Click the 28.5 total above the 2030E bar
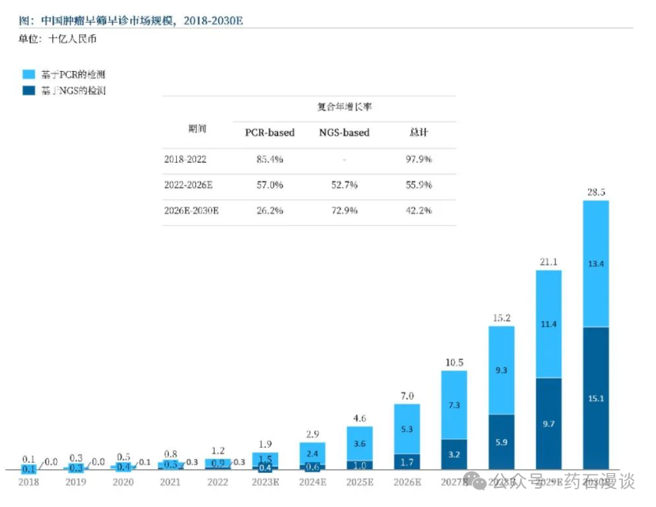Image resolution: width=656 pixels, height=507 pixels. click(596, 192)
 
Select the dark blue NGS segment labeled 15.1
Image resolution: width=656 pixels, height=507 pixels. click(596, 397)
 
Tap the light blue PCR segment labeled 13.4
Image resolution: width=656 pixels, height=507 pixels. click(596, 263)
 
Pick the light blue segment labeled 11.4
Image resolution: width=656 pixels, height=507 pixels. click(549, 324)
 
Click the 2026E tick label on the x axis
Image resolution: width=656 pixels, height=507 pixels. click(407, 481)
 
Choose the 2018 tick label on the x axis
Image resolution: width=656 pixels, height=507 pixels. click(28, 481)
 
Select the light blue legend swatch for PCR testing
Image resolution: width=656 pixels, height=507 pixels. click(29, 74)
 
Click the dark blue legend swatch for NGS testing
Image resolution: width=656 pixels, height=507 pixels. click(29, 90)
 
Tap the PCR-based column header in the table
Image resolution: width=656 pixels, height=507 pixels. click(270, 133)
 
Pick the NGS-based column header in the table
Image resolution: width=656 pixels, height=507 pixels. click(344, 133)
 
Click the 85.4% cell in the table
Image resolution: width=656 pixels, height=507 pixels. click(270, 159)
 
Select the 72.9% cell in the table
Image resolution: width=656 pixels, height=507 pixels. click(344, 210)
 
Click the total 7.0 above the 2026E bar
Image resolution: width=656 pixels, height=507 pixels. click(407, 396)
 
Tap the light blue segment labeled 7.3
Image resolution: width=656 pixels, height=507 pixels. click(454, 404)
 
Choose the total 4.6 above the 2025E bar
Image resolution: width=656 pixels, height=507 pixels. click(360, 418)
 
